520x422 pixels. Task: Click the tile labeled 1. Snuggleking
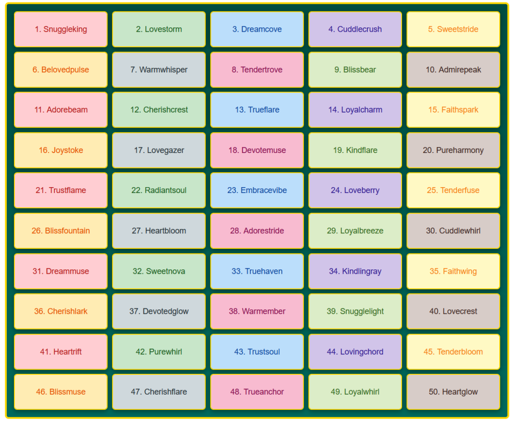coord(61,29)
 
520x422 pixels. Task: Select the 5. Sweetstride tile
coord(453,29)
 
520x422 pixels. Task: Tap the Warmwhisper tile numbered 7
coord(159,70)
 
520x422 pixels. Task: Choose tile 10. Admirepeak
coord(453,70)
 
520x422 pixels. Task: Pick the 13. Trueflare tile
coord(257,110)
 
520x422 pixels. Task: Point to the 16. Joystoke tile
coord(61,150)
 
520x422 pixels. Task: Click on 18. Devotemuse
coord(257,150)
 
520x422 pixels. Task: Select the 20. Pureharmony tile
coord(453,150)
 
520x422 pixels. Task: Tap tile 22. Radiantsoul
coord(159,190)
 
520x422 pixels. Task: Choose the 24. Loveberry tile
coord(355,190)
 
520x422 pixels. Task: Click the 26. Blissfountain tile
coord(61,230)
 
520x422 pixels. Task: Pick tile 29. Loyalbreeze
coord(355,230)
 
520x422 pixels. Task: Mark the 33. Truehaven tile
coord(257,271)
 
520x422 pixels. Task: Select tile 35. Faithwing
coord(453,271)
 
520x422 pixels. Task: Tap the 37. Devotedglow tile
coord(159,311)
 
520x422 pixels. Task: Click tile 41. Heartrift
coord(61,352)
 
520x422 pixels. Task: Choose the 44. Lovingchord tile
coord(355,352)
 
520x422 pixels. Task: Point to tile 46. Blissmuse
coord(61,392)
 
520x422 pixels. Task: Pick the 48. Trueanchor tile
coord(257,392)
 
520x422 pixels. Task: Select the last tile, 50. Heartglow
coord(453,392)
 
